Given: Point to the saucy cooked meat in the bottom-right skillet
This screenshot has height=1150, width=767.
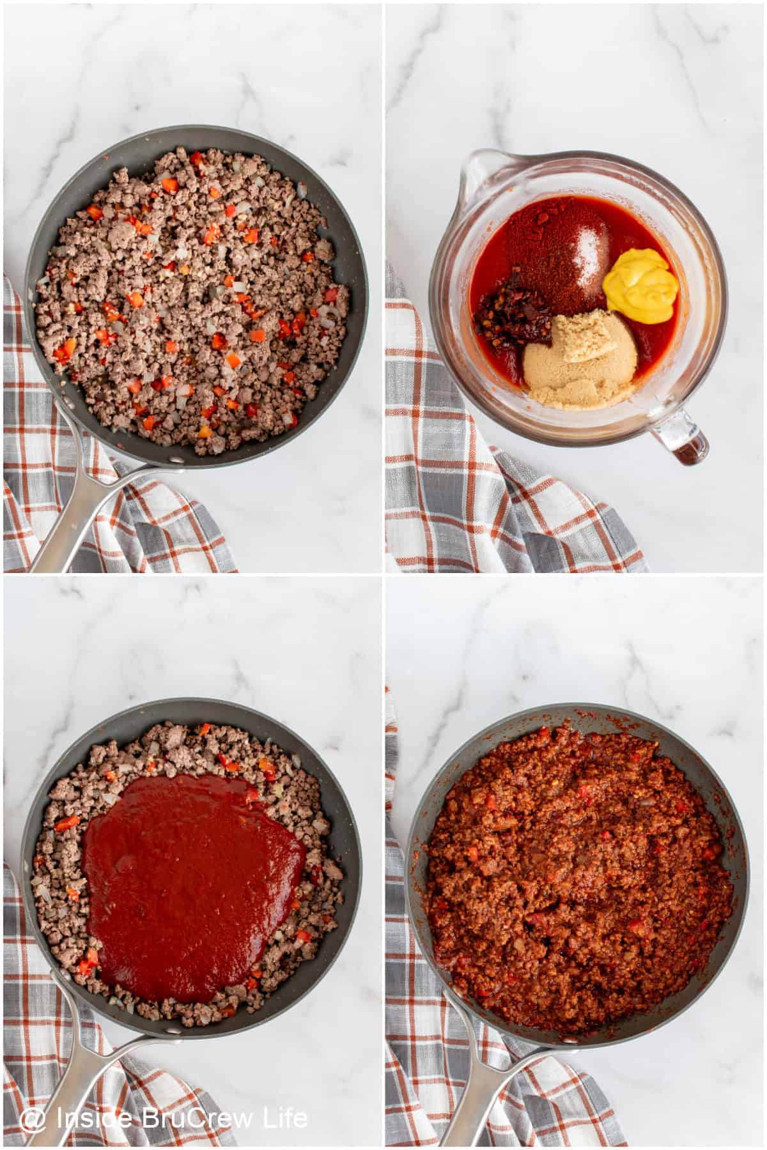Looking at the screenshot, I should (x=575, y=882).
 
